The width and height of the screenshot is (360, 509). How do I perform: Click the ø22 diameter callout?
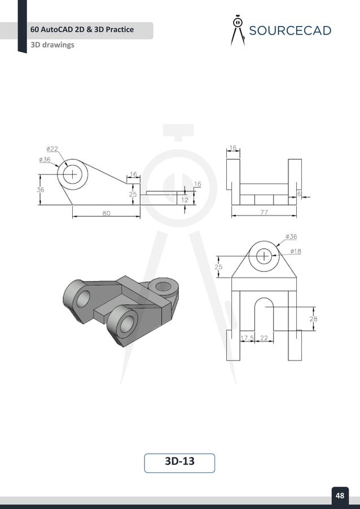click(51, 149)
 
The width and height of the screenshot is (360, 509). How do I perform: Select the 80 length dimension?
click(106, 213)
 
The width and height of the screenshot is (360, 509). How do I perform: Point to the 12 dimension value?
click(185, 199)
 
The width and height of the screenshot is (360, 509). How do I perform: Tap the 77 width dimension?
click(264, 213)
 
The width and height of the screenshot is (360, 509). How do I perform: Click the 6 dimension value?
click(299, 193)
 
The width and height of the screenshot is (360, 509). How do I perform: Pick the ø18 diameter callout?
click(295, 251)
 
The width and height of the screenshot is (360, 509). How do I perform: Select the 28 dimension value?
click(313, 319)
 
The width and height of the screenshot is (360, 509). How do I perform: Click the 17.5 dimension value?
click(247, 338)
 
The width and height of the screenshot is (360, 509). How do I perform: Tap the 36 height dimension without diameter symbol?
click(40, 190)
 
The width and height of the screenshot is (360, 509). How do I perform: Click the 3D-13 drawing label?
click(179, 462)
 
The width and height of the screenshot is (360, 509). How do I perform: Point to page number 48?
click(340, 495)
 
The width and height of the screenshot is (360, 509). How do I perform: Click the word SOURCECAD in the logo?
click(290, 30)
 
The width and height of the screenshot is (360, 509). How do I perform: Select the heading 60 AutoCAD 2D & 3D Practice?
click(82, 29)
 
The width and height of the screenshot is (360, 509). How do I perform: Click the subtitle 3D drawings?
click(52, 45)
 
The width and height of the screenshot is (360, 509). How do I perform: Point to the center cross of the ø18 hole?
click(264, 256)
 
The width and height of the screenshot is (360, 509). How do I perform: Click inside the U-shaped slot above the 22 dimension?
click(264, 319)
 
